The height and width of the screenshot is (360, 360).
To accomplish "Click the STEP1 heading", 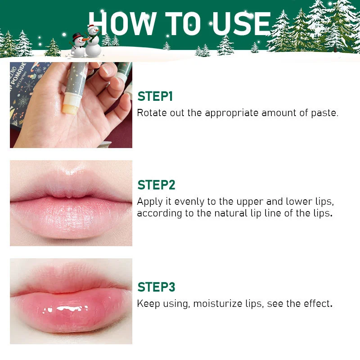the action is [x=155, y=96].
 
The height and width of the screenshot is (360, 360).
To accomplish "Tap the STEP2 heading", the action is [x=156, y=185].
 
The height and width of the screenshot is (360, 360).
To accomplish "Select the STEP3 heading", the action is [x=156, y=287].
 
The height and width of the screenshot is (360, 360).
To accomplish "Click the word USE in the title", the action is [x=242, y=24].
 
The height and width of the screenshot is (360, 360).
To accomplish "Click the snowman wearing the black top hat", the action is [x=78, y=45].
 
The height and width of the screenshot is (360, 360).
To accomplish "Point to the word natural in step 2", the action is [x=231, y=213].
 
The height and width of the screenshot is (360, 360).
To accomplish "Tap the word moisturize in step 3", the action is [x=218, y=304].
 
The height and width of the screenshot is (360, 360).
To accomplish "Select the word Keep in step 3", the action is [x=148, y=304].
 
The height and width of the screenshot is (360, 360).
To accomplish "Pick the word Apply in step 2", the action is [x=150, y=202].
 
